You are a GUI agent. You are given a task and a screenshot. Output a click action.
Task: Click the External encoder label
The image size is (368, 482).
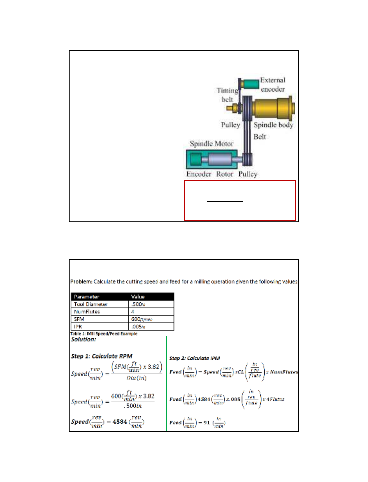(x=273, y=85)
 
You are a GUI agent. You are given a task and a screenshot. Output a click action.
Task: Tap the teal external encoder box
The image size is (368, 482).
(x=250, y=84)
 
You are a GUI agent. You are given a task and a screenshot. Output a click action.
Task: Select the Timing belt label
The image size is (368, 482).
(x=228, y=95)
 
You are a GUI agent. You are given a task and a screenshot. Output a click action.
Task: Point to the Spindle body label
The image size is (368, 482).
(x=273, y=125)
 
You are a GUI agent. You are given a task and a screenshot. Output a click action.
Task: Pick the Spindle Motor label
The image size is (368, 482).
(x=212, y=144)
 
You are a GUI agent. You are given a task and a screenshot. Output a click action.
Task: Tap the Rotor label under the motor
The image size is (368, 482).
(x=225, y=174)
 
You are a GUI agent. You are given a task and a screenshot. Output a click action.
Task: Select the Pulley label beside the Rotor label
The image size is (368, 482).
(x=248, y=174)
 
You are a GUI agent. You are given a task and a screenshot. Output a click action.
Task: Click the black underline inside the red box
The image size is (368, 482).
(x=225, y=201)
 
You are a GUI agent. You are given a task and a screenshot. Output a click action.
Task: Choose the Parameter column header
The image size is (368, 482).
(x=86, y=297)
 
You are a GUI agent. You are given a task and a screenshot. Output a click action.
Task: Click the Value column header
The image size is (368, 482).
(x=138, y=297)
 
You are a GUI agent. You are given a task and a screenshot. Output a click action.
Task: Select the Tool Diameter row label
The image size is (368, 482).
(x=91, y=304)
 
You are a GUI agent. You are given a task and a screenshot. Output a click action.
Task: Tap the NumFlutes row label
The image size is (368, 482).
(x=87, y=312)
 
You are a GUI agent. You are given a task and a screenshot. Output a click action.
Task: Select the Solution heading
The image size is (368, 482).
(x=83, y=340)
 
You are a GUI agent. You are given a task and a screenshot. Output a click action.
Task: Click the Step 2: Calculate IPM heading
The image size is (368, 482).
(x=195, y=358)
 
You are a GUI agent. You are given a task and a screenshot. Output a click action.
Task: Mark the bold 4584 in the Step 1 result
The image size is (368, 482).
(x=120, y=422)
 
